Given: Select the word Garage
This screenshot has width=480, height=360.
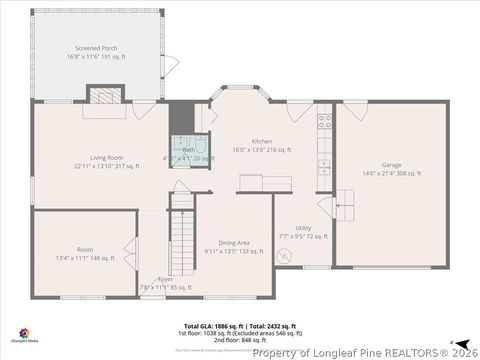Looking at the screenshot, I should [x=391, y=164].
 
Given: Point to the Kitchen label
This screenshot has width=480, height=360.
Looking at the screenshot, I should [x=262, y=141].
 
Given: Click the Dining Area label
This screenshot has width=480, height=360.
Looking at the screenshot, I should [x=234, y=243].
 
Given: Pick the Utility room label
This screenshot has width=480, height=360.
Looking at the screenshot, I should [x=302, y=228].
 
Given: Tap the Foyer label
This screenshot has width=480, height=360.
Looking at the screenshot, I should [x=165, y=280].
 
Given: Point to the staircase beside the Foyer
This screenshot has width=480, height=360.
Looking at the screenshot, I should [x=180, y=240].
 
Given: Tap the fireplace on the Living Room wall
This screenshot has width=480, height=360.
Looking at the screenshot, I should [x=104, y=95].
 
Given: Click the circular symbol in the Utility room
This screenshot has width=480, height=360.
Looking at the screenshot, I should [x=288, y=255].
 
